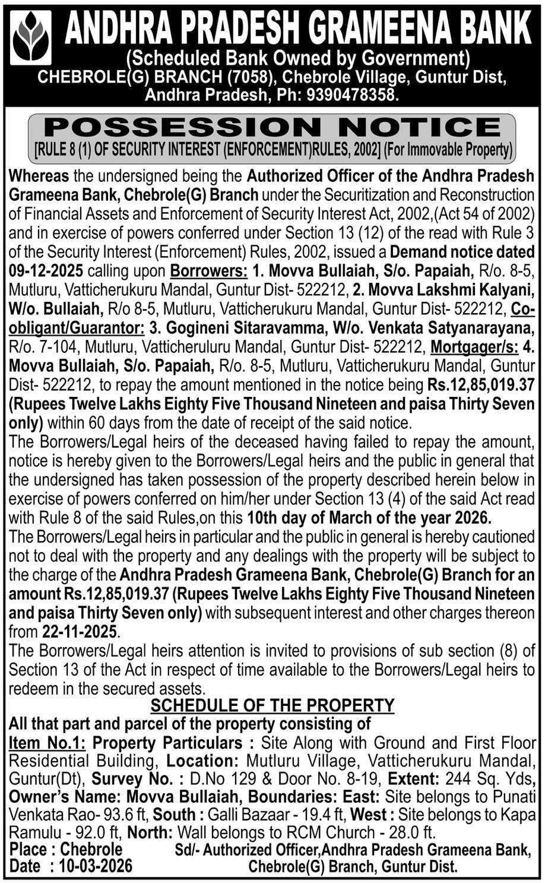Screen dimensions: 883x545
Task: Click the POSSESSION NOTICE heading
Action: [x=272, y=127]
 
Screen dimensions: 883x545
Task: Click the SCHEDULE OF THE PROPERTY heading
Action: [x=272, y=705]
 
